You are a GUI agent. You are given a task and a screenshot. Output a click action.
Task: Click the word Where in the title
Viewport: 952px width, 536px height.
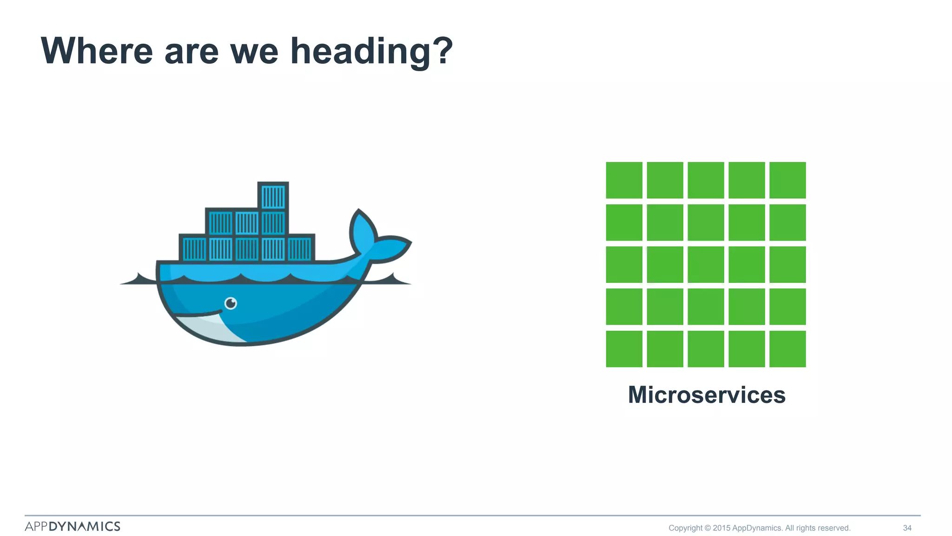point(97,51)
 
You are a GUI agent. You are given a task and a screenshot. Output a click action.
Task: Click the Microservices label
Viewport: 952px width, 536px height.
point(706,395)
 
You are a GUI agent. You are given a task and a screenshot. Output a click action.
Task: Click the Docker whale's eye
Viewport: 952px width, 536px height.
point(231,303)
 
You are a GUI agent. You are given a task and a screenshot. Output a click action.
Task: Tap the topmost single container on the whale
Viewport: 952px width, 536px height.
point(273,196)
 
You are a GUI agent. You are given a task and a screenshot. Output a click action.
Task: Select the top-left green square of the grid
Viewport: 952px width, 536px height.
point(624,180)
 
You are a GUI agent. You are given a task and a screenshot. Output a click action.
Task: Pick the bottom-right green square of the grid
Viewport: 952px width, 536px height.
point(787,349)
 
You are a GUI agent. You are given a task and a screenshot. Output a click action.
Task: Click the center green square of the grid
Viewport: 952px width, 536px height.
point(706,265)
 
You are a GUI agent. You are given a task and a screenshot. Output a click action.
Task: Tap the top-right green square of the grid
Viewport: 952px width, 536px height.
point(787,180)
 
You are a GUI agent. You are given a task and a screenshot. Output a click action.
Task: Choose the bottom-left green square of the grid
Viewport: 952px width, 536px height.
point(624,349)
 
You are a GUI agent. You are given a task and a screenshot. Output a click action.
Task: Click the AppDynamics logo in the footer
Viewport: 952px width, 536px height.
point(73,526)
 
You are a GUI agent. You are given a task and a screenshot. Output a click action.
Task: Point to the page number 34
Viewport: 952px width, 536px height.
point(907,528)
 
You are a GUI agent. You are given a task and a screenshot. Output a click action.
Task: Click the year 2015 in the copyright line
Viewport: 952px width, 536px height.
point(721,528)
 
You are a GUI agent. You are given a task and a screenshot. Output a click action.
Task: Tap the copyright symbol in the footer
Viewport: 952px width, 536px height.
point(707,528)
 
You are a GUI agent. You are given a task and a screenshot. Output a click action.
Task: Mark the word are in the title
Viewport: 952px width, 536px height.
point(191,51)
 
